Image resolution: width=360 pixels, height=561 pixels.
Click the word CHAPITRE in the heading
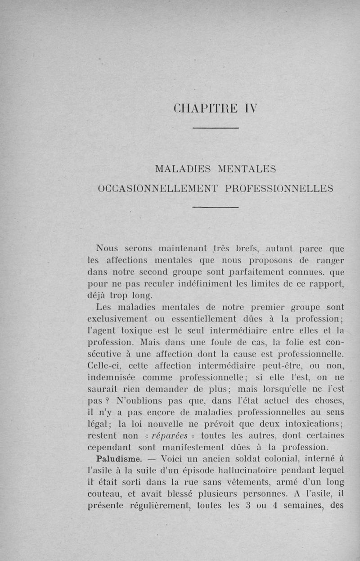[x=203, y=109]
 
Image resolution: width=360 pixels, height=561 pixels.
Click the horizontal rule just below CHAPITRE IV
[x=215, y=129]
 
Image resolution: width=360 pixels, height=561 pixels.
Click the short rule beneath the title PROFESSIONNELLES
[x=215, y=207]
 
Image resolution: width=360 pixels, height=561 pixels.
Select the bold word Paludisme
[x=117, y=459]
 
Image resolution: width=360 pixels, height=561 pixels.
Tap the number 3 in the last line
[x=248, y=505]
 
